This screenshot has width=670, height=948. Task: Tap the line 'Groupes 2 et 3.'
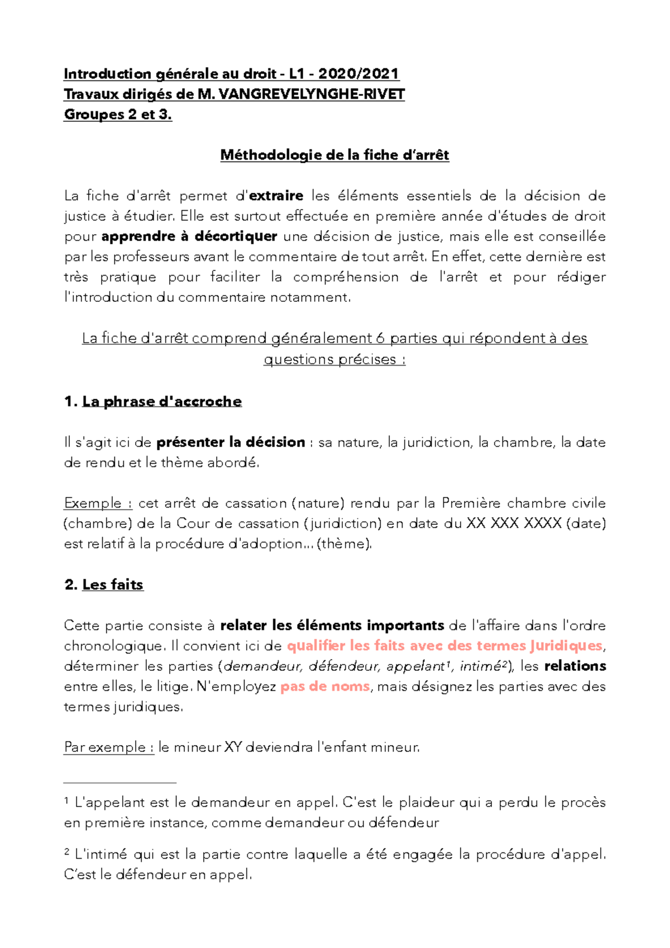(117, 115)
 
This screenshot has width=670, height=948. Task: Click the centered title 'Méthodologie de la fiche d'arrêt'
(334, 155)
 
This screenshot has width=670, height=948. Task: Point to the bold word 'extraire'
(276, 196)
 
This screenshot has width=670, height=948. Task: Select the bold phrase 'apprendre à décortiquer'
(189, 236)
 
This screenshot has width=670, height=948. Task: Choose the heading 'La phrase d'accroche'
(161, 401)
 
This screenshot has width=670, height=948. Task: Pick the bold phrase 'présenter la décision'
(231, 442)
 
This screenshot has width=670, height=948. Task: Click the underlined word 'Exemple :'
(98, 503)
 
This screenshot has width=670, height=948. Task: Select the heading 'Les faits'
(112, 585)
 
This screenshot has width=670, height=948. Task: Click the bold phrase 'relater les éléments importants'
(332, 625)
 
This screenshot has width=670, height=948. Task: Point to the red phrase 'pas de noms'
(325, 686)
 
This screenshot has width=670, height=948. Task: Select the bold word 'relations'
(575, 666)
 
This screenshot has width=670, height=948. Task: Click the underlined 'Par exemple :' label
(109, 747)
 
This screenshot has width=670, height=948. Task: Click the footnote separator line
(120, 783)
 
